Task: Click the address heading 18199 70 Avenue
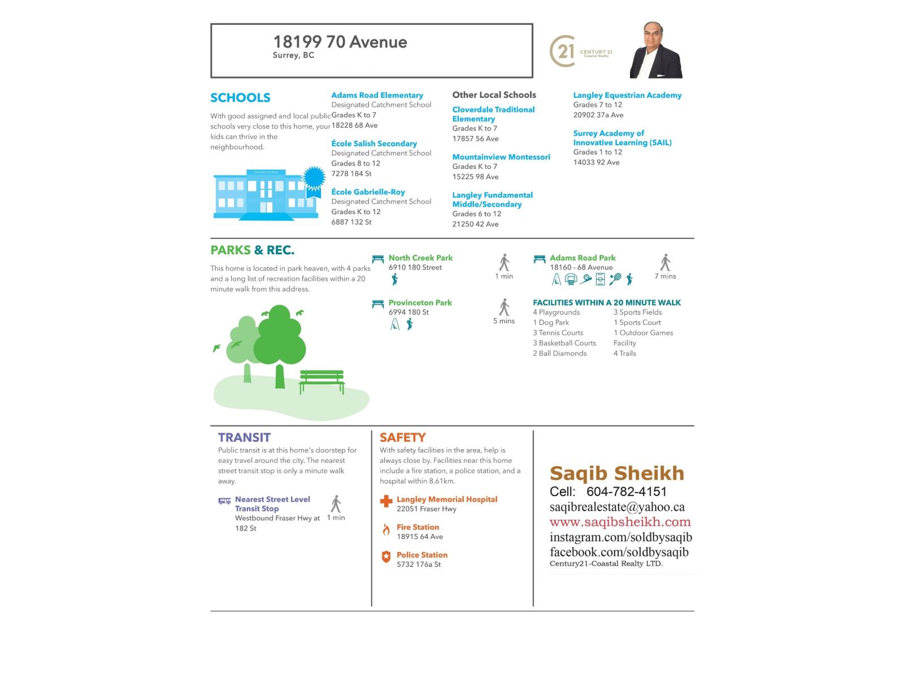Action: [340, 42]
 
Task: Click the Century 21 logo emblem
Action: [562, 51]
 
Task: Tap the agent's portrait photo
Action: [656, 50]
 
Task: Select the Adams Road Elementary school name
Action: [377, 95]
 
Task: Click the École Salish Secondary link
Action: [374, 144]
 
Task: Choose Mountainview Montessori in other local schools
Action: [501, 157]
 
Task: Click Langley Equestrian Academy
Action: [627, 95]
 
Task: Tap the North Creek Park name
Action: [420, 258]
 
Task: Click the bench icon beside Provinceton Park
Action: [378, 304]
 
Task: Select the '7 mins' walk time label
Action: [665, 276]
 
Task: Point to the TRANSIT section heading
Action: [244, 437]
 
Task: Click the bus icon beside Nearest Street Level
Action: [224, 501]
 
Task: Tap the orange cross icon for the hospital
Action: [386, 501]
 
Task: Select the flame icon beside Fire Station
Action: [386, 529]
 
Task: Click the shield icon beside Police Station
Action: [386, 557]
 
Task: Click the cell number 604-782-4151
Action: [626, 492]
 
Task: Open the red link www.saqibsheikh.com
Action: [620, 522]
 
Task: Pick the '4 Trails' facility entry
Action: [624, 354]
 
